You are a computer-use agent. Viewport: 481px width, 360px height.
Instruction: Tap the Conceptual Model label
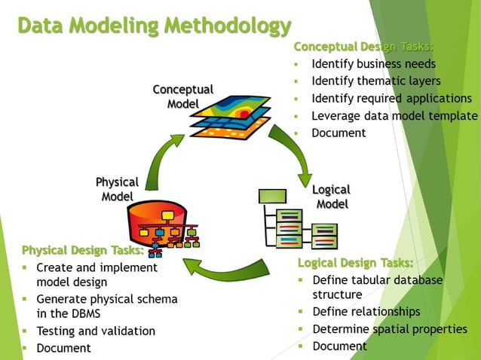[x=182, y=96]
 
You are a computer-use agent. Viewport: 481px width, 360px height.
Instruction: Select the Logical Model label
[x=332, y=197]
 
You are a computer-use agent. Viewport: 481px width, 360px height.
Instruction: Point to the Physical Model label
[x=117, y=189]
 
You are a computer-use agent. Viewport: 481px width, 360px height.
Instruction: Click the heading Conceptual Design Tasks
[x=363, y=47]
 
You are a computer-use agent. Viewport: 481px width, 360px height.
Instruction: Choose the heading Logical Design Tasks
[x=355, y=262]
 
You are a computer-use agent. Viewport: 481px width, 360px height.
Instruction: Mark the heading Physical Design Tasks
[x=83, y=250]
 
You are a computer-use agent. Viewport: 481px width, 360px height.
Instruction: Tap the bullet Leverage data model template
[x=394, y=116]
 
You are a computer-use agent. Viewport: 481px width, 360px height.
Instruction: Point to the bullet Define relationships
[x=366, y=312]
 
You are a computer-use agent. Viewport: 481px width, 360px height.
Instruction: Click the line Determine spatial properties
[x=390, y=329]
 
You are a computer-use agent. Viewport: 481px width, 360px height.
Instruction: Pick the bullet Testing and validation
[x=96, y=331]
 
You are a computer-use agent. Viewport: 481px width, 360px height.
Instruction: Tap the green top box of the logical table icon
[x=272, y=197]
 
